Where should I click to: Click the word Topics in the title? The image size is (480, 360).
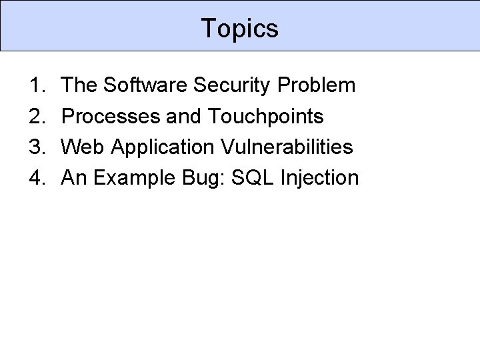[239, 28]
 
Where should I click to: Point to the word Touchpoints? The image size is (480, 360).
[265, 117]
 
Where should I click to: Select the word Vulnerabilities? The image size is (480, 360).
[283, 147]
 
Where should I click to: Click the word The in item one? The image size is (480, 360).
[79, 85]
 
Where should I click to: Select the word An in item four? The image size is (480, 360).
[73, 178]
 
